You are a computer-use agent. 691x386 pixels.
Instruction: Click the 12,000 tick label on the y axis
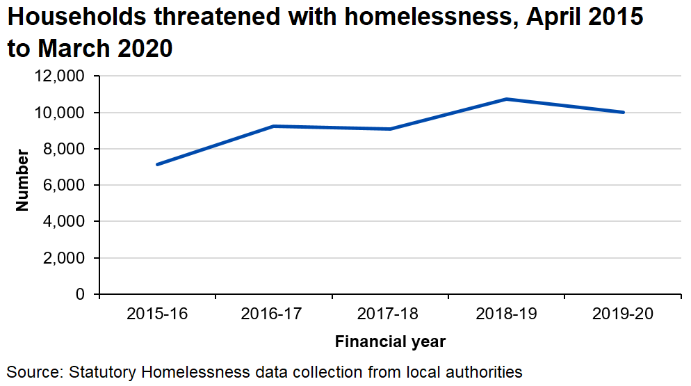pyautogui.click(x=59, y=77)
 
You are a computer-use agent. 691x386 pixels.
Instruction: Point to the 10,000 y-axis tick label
pyautogui.click(x=59, y=113)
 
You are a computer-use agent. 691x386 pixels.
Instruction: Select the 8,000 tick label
pyautogui.click(x=63, y=149)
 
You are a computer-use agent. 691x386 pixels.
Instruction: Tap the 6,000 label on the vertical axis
pyautogui.click(x=63, y=186)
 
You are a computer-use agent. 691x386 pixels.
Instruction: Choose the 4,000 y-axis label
pyautogui.click(x=63, y=222)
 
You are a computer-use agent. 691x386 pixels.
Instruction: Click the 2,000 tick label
pyautogui.click(x=63, y=258)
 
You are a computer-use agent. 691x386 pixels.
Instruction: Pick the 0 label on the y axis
pyautogui.click(x=80, y=295)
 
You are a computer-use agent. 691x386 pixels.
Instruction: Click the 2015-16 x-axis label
pyautogui.click(x=157, y=314)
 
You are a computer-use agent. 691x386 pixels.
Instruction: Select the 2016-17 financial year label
pyautogui.click(x=274, y=314)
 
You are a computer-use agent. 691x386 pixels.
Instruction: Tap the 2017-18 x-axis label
pyautogui.click(x=390, y=314)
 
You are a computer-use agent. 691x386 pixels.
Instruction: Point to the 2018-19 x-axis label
pyautogui.click(x=507, y=314)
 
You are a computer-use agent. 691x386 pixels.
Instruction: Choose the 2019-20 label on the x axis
pyautogui.click(x=623, y=314)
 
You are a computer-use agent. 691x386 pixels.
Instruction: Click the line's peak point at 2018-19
pyautogui.click(x=507, y=99)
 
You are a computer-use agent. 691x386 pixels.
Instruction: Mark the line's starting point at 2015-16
pyautogui.click(x=157, y=165)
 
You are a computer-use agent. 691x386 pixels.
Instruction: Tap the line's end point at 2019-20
pyautogui.click(x=623, y=112)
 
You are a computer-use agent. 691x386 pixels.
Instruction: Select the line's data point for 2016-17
pyautogui.click(x=274, y=126)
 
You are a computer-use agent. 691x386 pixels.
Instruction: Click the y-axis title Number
pyautogui.click(x=22, y=180)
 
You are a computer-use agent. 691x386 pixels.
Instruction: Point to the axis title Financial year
pyautogui.click(x=390, y=342)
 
